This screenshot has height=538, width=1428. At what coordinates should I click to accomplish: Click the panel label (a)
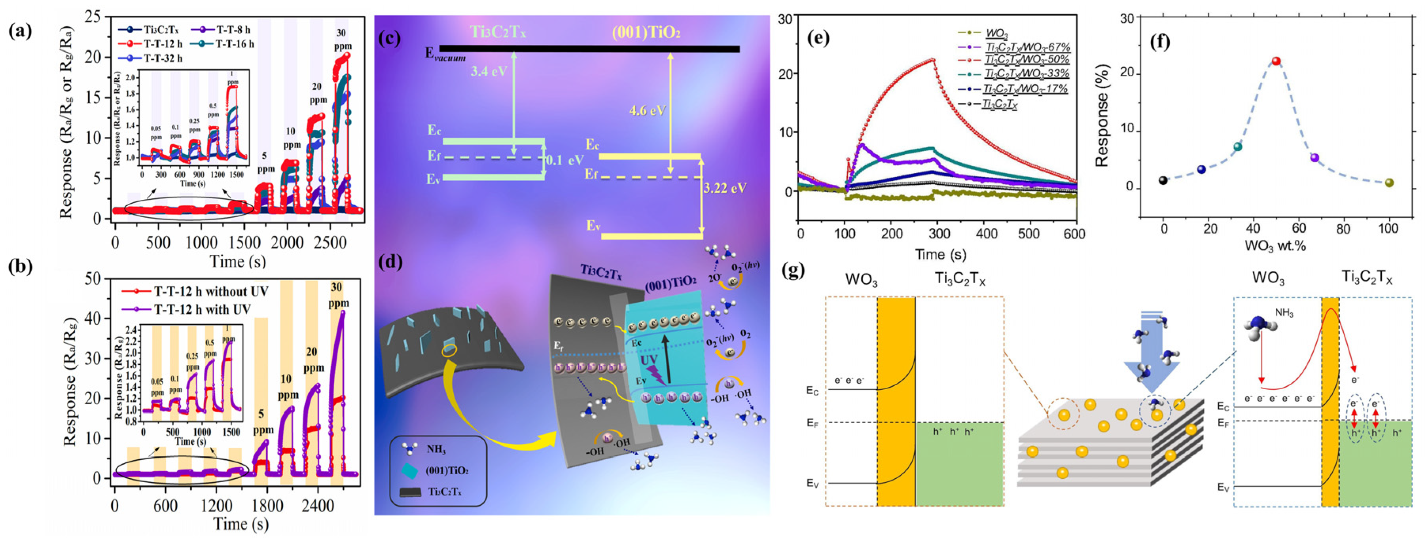[x=21, y=31]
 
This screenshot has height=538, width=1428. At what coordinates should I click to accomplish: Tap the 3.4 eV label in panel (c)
[x=488, y=72]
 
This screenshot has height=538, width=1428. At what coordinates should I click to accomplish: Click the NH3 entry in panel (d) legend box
[x=436, y=450]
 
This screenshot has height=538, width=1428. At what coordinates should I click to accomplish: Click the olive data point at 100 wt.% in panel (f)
[x=1389, y=182]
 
